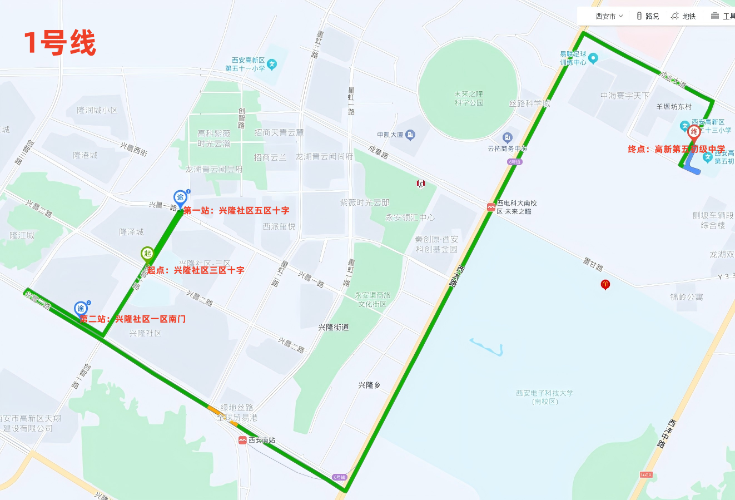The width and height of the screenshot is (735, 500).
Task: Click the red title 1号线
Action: tap(59, 43)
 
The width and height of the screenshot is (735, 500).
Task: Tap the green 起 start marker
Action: tap(147, 254)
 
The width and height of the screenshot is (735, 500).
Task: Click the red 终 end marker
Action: tap(693, 132)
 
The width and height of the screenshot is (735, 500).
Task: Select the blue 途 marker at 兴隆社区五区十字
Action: tap(180, 197)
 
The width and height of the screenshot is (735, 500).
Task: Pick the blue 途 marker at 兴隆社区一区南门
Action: tap(81, 309)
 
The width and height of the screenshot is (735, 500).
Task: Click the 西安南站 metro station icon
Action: tap(242, 440)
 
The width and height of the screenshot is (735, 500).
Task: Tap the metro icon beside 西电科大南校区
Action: tap(491, 207)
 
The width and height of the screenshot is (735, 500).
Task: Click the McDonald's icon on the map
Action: tap(605, 284)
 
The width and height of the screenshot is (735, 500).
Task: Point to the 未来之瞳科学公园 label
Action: tap(469, 98)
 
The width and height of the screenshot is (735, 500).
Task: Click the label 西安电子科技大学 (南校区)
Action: tap(544, 397)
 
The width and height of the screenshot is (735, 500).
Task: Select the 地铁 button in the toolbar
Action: tap(683, 16)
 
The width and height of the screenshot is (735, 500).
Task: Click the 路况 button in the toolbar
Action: tap(648, 16)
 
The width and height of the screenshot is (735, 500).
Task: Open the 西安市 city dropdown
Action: tap(609, 16)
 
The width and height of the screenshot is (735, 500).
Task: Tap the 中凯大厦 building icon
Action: tap(410, 135)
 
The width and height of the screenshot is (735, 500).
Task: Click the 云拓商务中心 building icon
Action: tap(507, 137)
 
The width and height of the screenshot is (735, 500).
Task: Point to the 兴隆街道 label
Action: tap(334, 328)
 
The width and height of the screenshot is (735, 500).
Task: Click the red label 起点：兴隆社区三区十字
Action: tap(196, 270)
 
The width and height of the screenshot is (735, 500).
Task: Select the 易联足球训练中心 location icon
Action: tap(593, 58)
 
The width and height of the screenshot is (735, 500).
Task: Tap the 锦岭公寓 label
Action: tap(686, 297)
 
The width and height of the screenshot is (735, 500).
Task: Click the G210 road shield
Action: tap(645, 474)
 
